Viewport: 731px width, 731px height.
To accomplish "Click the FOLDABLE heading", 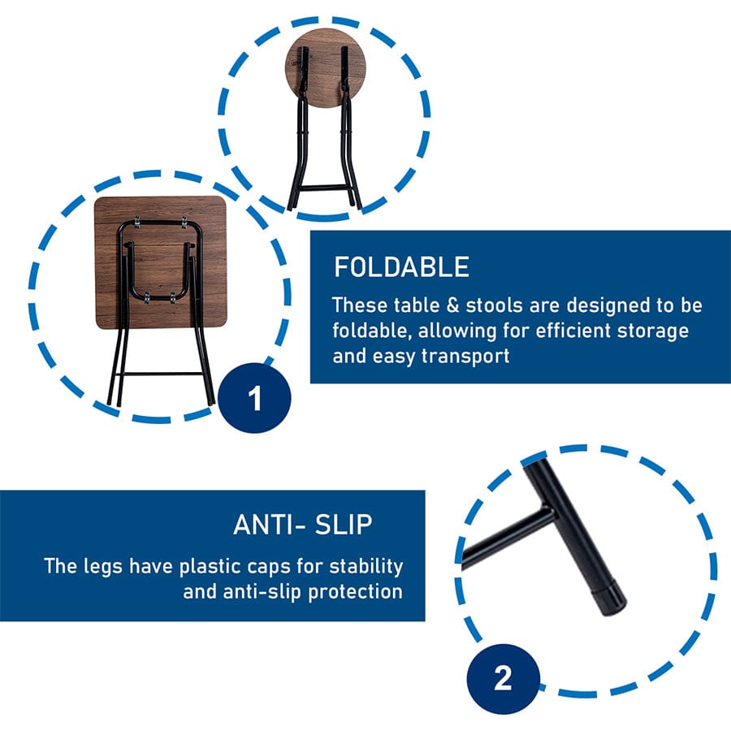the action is point(401,266).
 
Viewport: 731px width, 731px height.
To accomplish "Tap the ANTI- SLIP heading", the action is point(303,525).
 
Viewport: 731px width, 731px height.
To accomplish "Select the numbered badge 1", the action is point(254,397).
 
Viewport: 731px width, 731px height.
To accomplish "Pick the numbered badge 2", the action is point(503,678).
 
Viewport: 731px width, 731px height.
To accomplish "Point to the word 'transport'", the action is point(465,357).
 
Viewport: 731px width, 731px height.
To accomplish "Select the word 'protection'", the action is point(355,592).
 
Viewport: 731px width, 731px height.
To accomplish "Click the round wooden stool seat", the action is point(326,68).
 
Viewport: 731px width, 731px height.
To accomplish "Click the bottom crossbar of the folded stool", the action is point(324,188).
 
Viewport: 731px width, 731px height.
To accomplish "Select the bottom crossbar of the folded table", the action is point(161,374).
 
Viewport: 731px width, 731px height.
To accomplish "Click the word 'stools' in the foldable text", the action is point(494,305).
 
